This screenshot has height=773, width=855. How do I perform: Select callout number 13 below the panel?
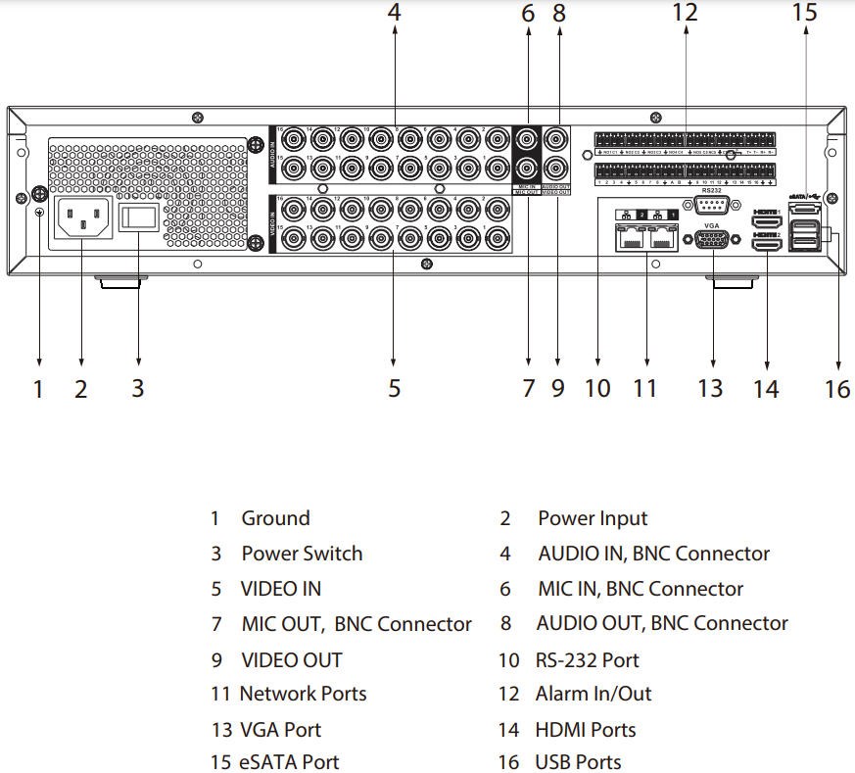point(710,388)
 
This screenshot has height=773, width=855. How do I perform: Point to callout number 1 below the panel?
point(39,389)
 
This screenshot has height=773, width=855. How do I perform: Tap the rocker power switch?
point(138,219)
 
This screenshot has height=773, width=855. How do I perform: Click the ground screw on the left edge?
point(40,194)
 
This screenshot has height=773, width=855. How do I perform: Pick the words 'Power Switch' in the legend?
point(302,554)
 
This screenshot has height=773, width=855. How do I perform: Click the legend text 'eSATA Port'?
point(289,761)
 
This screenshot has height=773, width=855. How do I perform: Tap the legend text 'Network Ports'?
point(303,694)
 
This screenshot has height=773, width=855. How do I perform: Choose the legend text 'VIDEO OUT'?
point(291,659)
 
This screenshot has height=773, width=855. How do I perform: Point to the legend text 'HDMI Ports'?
point(585,730)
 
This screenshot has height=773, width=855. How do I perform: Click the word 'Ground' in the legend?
point(275,518)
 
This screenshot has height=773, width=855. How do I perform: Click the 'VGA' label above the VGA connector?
point(712,223)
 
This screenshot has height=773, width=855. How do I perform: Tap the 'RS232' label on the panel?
point(713,190)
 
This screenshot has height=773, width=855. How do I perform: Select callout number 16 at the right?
point(837,389)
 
